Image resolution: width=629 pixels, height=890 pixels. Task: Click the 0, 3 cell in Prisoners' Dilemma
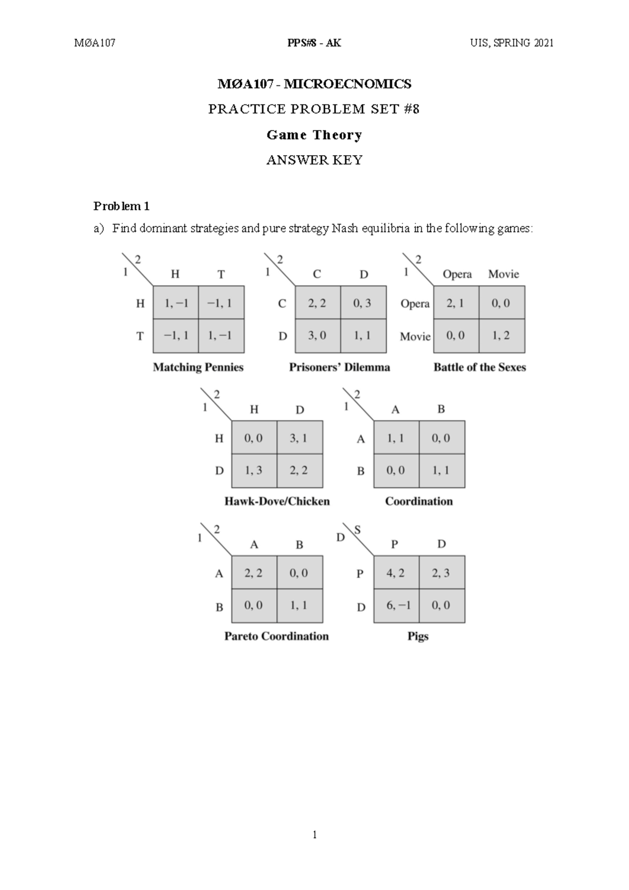(x=363, y=302)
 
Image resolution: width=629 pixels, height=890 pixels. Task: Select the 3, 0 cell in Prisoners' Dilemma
(x=317, y=335)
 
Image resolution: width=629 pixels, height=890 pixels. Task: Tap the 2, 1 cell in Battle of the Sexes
(x=455, y=302)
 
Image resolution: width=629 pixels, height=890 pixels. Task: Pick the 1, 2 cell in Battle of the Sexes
(x=501, y=335)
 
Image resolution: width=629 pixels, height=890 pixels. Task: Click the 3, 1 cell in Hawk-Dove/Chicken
(x=299, y=438)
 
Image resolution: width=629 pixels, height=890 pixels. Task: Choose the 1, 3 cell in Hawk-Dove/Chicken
(x=253, y=470)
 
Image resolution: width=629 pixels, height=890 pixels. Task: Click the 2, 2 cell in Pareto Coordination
(x=253, y=573)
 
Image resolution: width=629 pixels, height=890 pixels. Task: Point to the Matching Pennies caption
(x=198, y=367)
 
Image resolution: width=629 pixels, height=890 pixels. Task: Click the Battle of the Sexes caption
(x=480, y=367)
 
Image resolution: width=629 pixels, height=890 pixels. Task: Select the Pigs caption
(x=418, y=636)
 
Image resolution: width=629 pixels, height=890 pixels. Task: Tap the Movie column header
(x=503, y=274)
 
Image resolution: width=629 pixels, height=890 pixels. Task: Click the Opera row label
(x=415, y=303)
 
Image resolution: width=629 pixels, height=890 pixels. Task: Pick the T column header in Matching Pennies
(x=221, y=274)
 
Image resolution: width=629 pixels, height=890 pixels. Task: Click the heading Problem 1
(x=122, y=207)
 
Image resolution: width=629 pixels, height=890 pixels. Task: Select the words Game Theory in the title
(x=314, y=135)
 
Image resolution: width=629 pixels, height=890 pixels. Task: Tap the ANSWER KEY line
(x=314, y=160)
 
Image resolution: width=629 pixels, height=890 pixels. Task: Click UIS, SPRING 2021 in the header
(x=512, y=43)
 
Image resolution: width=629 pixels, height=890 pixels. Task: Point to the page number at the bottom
(x=314, y=835)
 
